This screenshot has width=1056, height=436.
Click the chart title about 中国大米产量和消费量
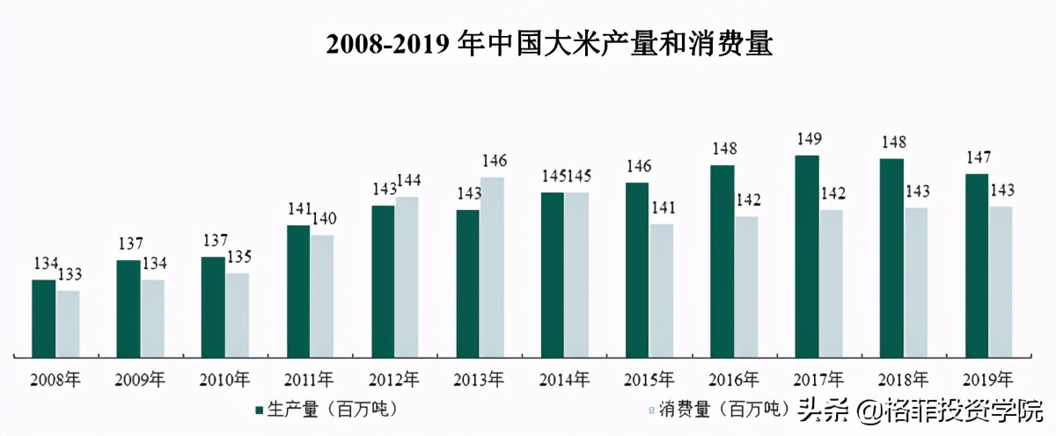click(548, 43)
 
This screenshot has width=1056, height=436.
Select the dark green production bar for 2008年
click(44, 318)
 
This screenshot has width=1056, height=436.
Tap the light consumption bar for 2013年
click(493, 267)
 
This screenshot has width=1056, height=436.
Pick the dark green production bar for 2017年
click(806, 256)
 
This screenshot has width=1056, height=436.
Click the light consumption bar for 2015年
click(662, 290)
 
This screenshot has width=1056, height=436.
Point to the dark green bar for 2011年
click(298, 291)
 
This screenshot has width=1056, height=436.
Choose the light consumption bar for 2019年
click(1001, 281)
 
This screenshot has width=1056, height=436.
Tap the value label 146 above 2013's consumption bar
click(495, 161)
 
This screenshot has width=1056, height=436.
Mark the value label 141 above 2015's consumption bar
click(663, 207)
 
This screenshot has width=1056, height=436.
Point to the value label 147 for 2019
click(976, 157)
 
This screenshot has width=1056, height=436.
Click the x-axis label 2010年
click(224, 381)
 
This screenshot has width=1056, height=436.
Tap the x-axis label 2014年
click(563, 381)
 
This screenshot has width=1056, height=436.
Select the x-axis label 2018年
click(902, 381)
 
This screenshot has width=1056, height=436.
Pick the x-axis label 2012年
click(393, 381)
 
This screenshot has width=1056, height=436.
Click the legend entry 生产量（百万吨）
click(326, 410)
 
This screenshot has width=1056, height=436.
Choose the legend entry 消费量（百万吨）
click(714, 410)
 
